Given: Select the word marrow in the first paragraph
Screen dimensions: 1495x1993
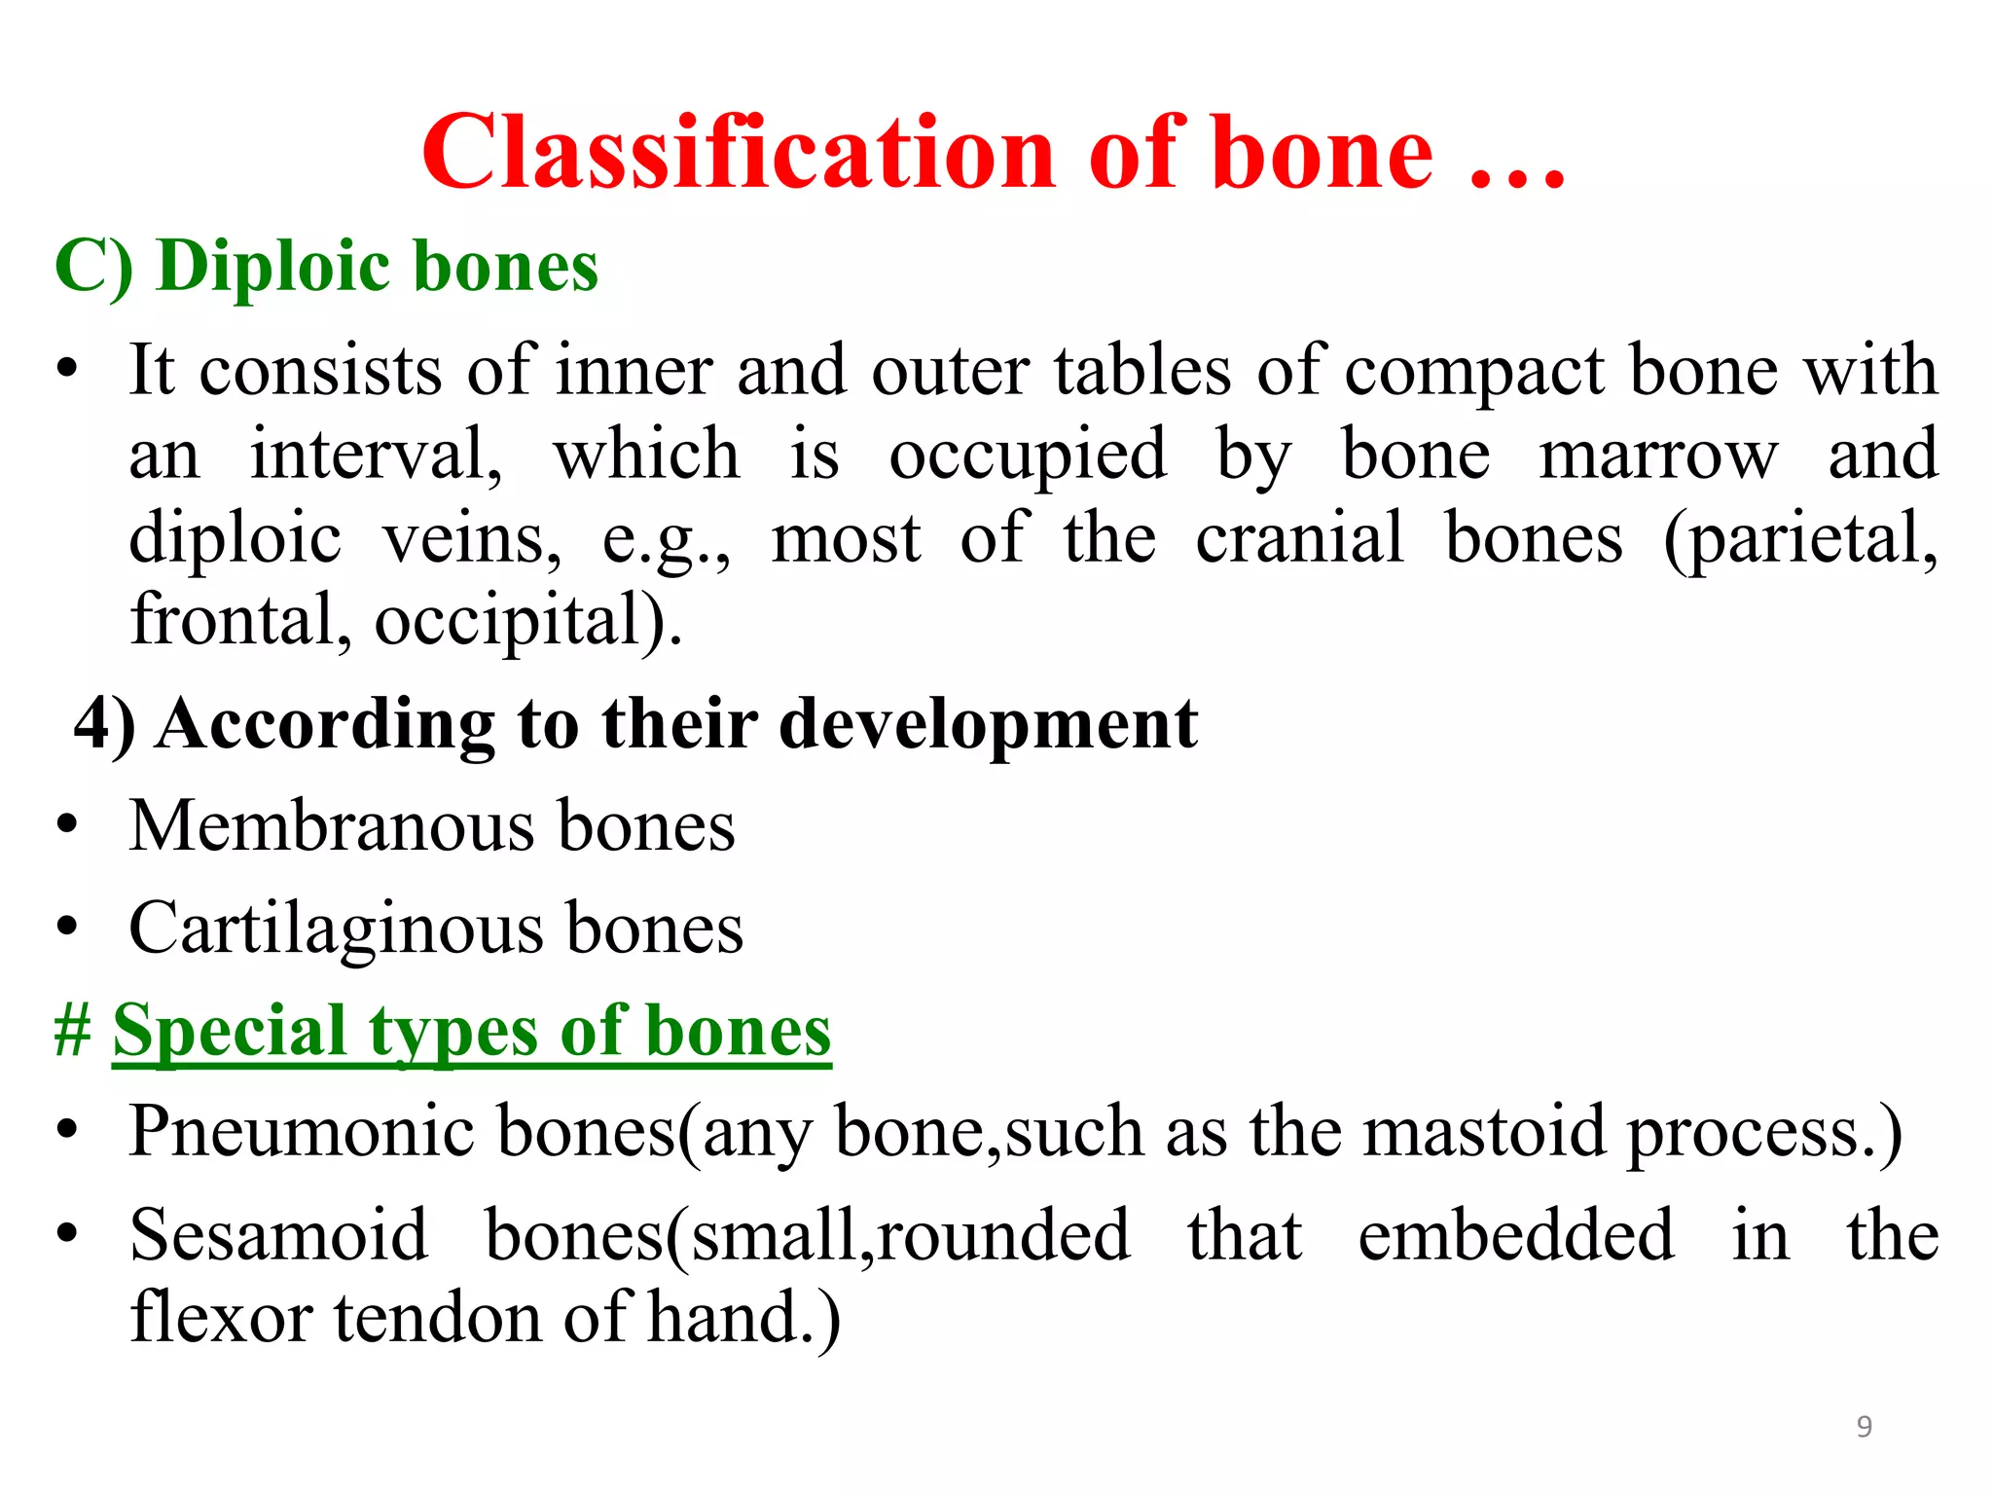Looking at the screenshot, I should point(1657,455).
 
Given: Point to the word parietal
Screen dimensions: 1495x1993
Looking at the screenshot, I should point(1800,538).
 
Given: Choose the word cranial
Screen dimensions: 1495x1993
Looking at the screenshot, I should point(1299,537).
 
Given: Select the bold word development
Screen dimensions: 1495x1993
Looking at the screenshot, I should point(988,725).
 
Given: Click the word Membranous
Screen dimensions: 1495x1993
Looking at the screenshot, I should point(331,826).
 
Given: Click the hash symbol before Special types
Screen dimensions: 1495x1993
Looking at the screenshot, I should point(73,1031).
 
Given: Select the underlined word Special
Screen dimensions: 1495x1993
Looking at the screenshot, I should point(230,1031).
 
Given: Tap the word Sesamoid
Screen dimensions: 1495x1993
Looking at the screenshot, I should point(279,1235).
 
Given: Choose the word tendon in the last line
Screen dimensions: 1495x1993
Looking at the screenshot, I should point(439,1318).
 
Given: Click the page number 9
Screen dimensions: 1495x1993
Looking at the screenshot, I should point(1864,1427).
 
